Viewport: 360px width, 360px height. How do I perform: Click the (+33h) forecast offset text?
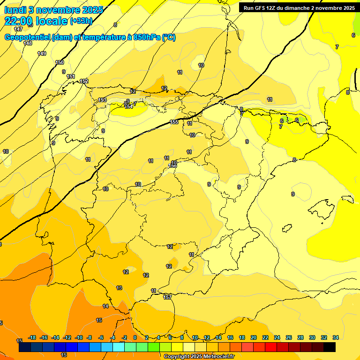coord(81,21)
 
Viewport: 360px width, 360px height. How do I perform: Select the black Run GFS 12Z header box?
coord(299,7)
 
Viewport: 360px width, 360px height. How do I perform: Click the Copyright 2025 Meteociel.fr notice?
coord(199,357)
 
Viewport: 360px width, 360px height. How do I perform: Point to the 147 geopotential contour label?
coord(18,29)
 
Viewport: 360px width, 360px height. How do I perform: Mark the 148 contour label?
coord(28,43)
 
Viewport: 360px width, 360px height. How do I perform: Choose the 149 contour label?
coord(42,53)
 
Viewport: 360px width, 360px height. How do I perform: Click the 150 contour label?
coord(60,62)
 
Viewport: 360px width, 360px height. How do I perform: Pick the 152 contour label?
coord(84,81)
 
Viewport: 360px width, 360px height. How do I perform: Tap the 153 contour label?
coord(102,100)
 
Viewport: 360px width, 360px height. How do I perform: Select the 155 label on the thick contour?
coord(174,122)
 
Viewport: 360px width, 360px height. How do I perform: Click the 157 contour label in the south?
coord(167,297)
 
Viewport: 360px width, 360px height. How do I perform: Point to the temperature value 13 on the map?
coord(119,288)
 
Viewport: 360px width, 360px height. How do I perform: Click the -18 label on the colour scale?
coord(32,337)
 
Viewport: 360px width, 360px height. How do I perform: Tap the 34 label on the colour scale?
coord(336,337)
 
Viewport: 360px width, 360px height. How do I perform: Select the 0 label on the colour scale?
coord(135,337)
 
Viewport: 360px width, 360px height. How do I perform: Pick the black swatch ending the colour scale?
coord(330,347)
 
